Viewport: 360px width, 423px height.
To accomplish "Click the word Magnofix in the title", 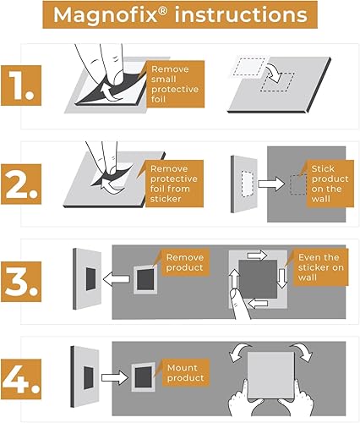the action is (105, 15).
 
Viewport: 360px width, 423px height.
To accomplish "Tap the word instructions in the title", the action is (241, 14).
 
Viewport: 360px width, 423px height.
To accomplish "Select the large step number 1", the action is (21, 85).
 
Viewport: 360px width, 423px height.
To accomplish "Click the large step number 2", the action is (21, 184).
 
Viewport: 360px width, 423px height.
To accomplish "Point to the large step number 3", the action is (21, 282).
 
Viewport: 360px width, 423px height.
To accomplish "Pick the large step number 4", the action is (21, 379).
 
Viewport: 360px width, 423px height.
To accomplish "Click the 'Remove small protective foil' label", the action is (175, 84).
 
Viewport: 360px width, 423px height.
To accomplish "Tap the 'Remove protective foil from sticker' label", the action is (174, 184).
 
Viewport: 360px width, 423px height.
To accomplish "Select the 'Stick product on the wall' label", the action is (330, 184).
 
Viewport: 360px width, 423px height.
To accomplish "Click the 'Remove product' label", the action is (185, 262).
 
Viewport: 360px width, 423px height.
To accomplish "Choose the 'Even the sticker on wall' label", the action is (321, 267).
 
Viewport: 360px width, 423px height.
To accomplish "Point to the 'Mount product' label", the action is (185, 372).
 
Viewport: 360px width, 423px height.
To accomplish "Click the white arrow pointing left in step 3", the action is (116, 279).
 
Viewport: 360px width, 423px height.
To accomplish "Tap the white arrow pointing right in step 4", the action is (114, 377).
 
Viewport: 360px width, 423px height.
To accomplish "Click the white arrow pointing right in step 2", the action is (271, 184).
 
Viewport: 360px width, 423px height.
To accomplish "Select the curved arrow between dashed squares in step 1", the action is (275, 72).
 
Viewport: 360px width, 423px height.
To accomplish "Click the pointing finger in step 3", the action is (239, 304).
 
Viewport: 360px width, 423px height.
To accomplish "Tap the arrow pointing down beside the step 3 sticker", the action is (282, 278).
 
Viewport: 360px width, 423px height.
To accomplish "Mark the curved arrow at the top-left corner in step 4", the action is (239, 352).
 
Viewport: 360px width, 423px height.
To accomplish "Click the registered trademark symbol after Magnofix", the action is (164, 9).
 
